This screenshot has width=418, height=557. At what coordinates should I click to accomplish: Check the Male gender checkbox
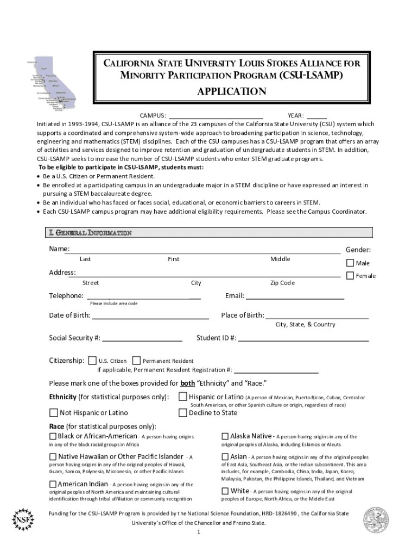[x=350, y=263]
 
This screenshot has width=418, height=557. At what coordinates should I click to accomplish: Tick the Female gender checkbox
[x=350, y=275]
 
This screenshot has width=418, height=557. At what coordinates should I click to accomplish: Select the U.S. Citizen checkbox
[x=93, y=360]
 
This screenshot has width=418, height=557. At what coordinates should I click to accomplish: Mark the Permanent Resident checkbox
[x=137, y=360]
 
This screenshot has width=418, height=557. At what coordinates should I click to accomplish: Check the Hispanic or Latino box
[x=183, y=397]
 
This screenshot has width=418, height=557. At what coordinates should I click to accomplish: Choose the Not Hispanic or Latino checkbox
[x=54, y=412]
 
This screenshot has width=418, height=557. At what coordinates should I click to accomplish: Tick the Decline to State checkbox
[x=183, y=412]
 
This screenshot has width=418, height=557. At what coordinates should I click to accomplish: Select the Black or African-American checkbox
[x=53, y=436]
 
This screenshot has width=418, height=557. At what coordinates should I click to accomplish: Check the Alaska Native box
[x=225, y=436]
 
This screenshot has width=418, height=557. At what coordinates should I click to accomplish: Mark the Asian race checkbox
[x=225, y=457]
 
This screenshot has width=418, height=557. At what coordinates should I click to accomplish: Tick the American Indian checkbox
[x=53, y=484]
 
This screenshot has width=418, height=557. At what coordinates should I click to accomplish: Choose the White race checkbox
[x=225, y=491]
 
